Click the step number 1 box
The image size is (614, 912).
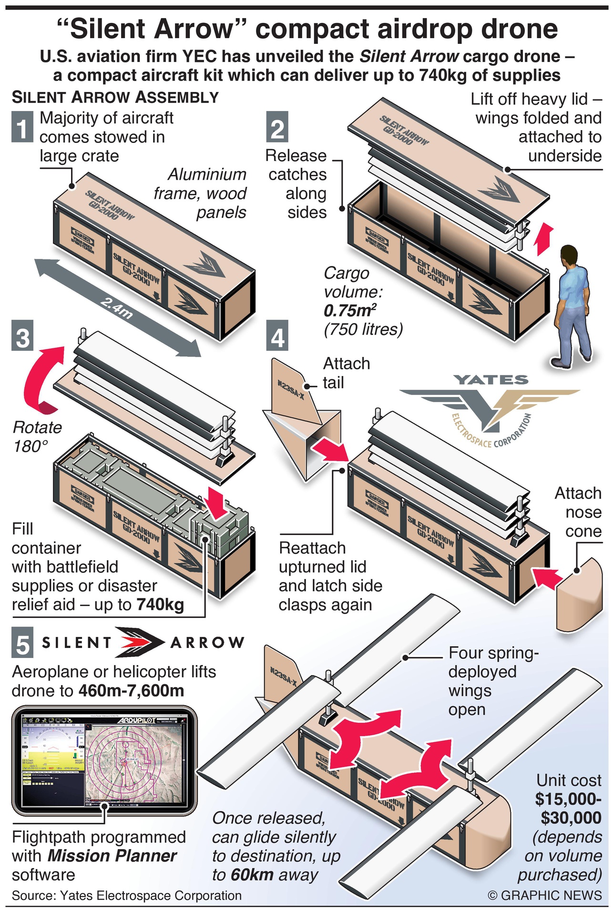22,127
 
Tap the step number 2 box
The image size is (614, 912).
277,127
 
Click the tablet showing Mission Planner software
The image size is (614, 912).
104,760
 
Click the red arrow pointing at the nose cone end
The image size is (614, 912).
546,578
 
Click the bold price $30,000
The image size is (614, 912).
571,818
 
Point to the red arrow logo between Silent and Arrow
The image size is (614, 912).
141,642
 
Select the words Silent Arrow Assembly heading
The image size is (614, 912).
115,97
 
